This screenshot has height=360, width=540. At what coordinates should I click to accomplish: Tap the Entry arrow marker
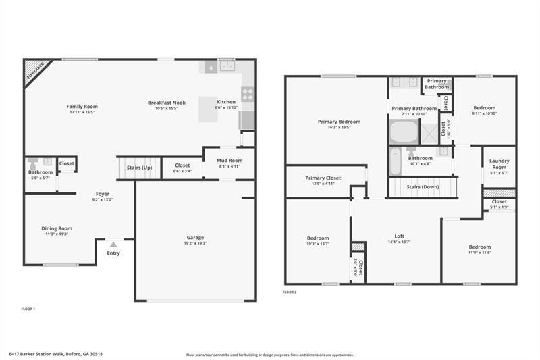click(x=113, y=245)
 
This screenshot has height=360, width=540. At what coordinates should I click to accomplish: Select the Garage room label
click(x=195, y=237)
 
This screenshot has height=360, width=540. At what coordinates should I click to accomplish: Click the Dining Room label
click(x=58, y=228)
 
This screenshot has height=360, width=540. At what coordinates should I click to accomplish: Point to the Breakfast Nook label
click(x=166, y=103)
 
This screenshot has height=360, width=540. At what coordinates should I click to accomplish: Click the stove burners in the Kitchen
click(x=248, y=95)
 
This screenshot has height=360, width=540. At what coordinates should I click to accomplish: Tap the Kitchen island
click(x=208, y=109)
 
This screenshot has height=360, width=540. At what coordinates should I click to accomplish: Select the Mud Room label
click(x=230, y=161)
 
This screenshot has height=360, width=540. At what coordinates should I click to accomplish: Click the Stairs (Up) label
click(x=139, y=167)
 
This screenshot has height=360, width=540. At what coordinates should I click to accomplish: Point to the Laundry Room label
click(x=500, y=165)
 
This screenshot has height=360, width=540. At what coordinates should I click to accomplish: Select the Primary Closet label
click(x=324, y=178)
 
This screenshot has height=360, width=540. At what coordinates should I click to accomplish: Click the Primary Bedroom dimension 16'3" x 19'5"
click(x=339, y=127)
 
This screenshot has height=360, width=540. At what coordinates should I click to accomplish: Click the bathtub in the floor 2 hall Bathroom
click(x=397, y=162)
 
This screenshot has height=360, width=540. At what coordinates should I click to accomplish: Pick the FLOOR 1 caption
click(x=28, y=309)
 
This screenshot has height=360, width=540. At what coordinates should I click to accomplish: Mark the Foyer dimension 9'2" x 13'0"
click(x=102, y=199)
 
